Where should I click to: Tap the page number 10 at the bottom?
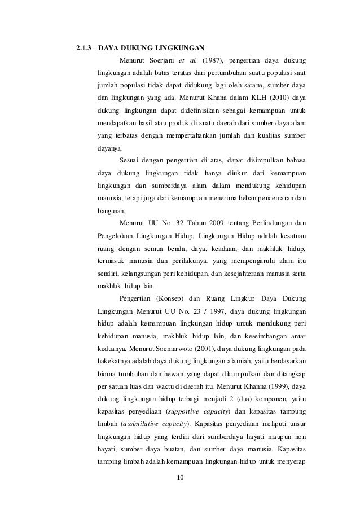pos(181,480)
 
